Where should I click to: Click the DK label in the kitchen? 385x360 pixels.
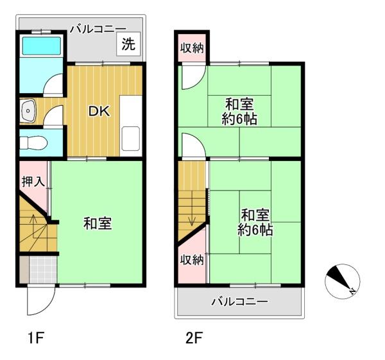pos(99,112)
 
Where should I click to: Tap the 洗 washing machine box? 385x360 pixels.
pos(128,44)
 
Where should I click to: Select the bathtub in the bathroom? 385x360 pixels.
pos(42,46)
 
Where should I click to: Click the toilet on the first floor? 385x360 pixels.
pos(33,142)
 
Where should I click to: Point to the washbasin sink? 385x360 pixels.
pos(28,111)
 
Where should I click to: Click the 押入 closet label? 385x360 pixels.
pos(33,182)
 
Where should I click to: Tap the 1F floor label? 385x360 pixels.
pos(36,338)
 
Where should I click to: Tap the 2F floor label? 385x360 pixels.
pos(194,338)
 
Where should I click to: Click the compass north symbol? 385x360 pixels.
pos(342,282)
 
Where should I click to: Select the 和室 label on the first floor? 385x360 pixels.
pos(98,223)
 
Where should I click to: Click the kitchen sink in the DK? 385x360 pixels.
pos(131,138)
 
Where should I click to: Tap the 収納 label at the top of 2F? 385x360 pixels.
pos(192,48)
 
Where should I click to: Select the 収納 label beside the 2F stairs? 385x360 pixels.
pos(192,260)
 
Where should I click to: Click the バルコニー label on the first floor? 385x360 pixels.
pos(98,30)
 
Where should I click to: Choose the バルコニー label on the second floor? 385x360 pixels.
pos(239,302)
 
